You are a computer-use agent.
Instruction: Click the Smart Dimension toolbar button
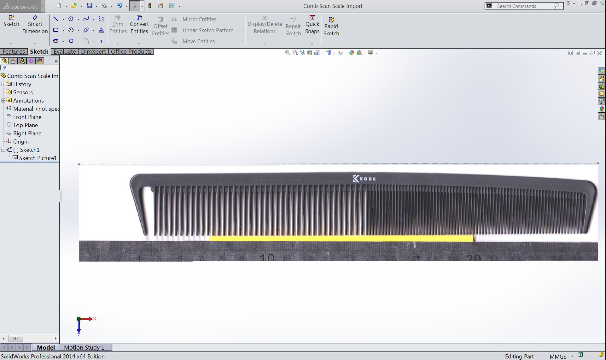click(x=35, y=25)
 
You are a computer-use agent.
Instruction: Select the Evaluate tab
click(x=65, y=51)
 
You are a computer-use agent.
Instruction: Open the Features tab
click(x=14, y=51)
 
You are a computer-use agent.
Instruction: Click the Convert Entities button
click(x=139, y=25)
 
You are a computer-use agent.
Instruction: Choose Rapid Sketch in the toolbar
click(x=331, y=27)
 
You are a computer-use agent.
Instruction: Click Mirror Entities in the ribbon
click(x=199, y=19)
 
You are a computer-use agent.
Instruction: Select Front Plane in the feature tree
click(x=27, y=117)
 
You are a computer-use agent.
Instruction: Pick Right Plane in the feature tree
click(x=27, y=133)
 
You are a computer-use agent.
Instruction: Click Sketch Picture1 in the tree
click(x=38, y=158)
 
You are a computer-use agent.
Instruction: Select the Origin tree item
click(x=21, y=142)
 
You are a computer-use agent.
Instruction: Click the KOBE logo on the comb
click(x=364, y=179)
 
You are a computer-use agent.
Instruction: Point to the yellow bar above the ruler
click(x=341, y=239)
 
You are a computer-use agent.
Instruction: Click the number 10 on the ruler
click(x=267, y=258)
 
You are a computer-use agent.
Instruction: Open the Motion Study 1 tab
click(x=84, y=347)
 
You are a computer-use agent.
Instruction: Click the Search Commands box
click(x=523, y=6)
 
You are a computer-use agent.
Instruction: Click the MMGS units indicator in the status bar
click(x=558, y=357)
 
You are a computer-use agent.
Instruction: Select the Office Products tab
click(x=131, y=51)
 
